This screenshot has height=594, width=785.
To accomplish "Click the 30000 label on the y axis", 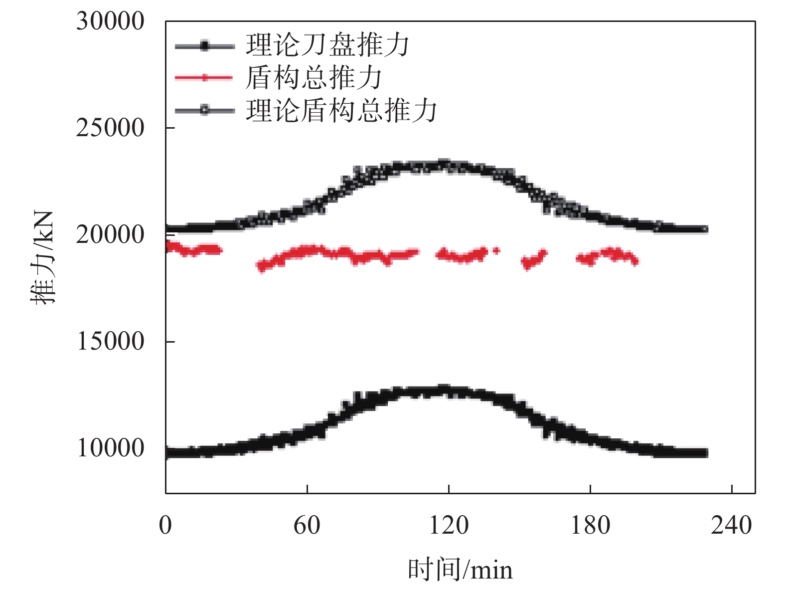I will click(x=110, y=21).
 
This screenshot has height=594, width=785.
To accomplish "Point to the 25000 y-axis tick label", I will click(x=110, y=128).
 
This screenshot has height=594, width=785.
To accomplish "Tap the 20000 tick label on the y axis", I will click(x=110, y=235).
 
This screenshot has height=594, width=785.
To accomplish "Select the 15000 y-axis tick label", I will click(x=110, y=342).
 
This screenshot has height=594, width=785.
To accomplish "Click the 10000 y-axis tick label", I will click(x=110, y=448).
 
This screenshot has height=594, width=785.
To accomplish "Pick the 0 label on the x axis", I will click(x=165, y=525).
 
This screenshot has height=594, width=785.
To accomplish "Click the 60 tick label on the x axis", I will click(x=307, y=525).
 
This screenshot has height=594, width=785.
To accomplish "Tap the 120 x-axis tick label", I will click(x=449, y=525).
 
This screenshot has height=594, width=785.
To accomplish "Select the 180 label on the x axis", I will click(x=590, y=525).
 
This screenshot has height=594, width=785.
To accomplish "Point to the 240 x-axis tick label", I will click(x=731, y=525).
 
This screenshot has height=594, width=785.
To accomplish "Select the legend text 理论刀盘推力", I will click(x=327, y=45).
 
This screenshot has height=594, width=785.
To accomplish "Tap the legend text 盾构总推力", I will click(x=314, y=78).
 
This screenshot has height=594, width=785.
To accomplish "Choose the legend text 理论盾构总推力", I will click(x=341, y=110).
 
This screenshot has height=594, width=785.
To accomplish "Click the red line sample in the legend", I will click(x=204, y=78).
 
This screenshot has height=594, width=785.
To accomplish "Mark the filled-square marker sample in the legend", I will click(x=204, y=46).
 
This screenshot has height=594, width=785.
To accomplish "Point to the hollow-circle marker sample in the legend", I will click(x=204, y=110).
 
